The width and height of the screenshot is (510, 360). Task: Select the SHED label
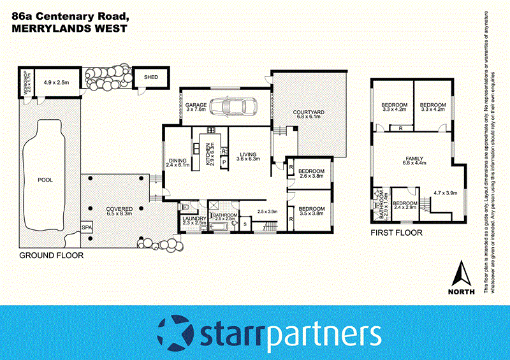(151, 77)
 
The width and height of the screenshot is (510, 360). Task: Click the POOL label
(45, 180)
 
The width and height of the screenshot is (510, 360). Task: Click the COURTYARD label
(309, 112)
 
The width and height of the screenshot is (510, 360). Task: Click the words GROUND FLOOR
(51, 255)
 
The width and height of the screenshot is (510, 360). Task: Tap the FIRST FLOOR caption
(397, 233)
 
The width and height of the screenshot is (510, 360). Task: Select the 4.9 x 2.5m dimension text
(56, 82)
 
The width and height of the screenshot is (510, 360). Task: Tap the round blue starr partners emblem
(173, 333)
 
